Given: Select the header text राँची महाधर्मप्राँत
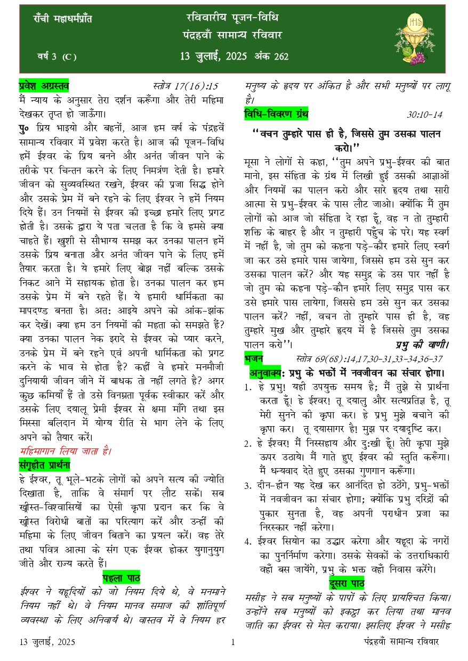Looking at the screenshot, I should (x=62, y=19).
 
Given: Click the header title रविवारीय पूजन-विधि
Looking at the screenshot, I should (x=229, y=18).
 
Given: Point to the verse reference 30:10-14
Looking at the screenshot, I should (x=425, y=115).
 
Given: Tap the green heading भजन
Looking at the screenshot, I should (x=254, y=358).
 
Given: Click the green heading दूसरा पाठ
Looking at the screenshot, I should (x=346, y=582).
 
